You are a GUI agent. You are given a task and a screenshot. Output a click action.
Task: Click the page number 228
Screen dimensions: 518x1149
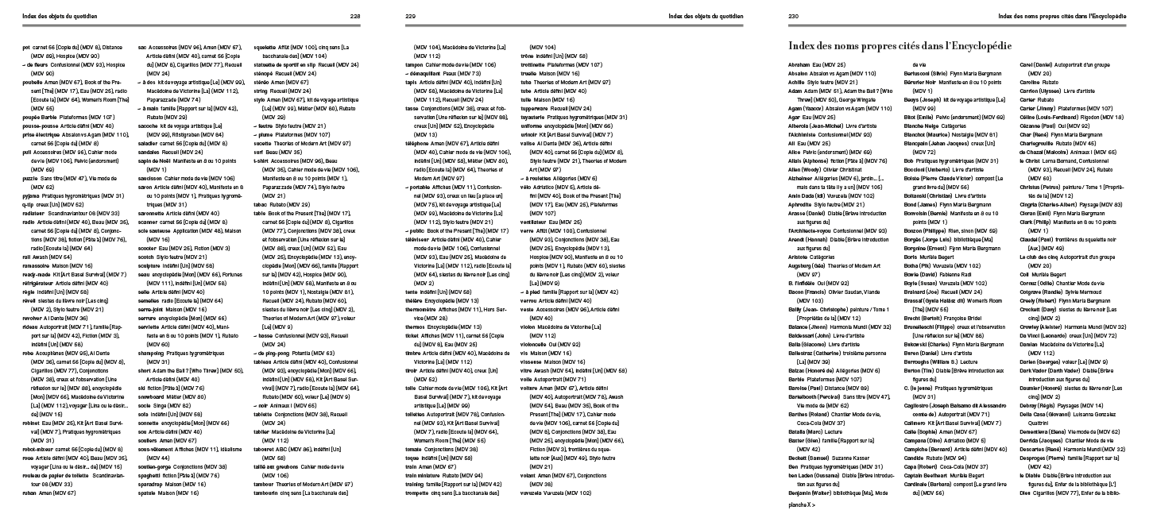[x=355, y=15]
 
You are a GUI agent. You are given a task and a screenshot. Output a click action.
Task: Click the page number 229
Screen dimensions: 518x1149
[x=411, y=15]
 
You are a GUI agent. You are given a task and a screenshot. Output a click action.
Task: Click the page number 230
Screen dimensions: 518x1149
[x=793, y=15]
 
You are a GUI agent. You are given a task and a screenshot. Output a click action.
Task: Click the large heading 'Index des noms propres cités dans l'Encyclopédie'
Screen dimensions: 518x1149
[x=919, y=44]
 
